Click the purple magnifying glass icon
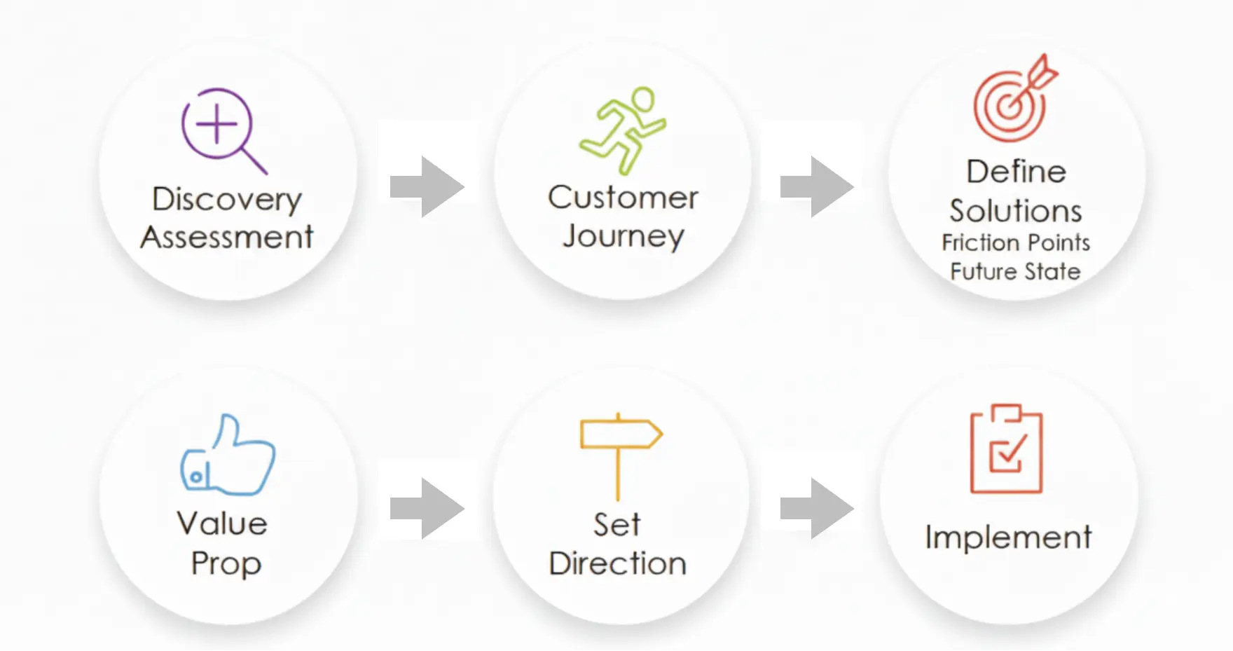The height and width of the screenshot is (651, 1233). point(221,130)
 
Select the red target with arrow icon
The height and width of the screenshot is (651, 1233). point(1014,100)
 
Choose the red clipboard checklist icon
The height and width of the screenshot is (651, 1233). point(1006,450)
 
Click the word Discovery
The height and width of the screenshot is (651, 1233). point(226,200)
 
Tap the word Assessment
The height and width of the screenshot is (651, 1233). point(226,238)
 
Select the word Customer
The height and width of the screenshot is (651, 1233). point(623,198)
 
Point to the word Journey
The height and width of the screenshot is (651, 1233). point(623,236)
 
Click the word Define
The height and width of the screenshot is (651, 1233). point(1016,172)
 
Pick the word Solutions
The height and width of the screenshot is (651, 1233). point(1016,211)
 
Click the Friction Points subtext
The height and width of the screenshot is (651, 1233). point(1016,242)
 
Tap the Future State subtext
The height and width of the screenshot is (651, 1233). point(1016,271)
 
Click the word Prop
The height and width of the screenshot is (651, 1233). point(226,563)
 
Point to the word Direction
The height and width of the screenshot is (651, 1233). point(617,564)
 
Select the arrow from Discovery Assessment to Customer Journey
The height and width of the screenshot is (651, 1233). point(427,187)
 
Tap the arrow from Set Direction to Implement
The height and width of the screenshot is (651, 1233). point(817,509)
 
